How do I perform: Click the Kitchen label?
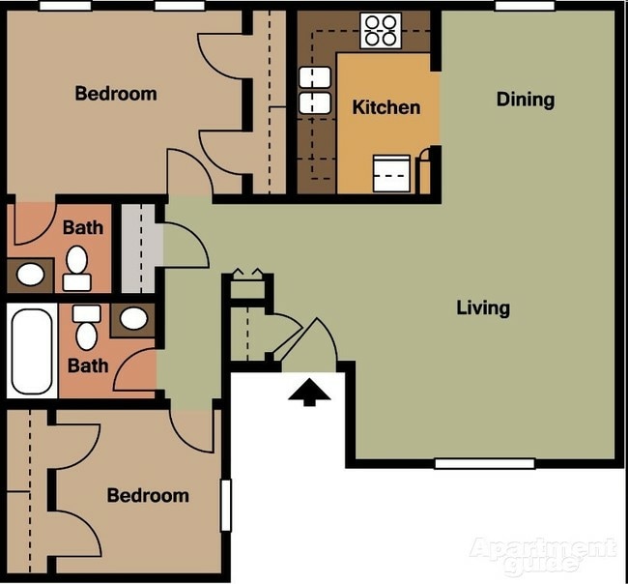coord(385,107)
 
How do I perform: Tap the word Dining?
coord(525,100)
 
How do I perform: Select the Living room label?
coord(482,308)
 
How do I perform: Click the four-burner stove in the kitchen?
coord(381,30)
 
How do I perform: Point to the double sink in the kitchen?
coord(315,90)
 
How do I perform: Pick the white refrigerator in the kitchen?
coord(392,174)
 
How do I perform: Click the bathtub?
coord(32,352)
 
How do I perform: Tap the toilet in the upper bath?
coord(77,269)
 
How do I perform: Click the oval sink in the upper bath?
coord(31,275)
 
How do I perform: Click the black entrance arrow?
coord(309,392)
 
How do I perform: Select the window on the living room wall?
coord(484,463)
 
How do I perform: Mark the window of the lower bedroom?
coord(226,505)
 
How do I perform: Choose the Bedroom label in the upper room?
coord(115,94)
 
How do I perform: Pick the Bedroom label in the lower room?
coord(148,495)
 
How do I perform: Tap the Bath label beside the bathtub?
coord(87,366)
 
